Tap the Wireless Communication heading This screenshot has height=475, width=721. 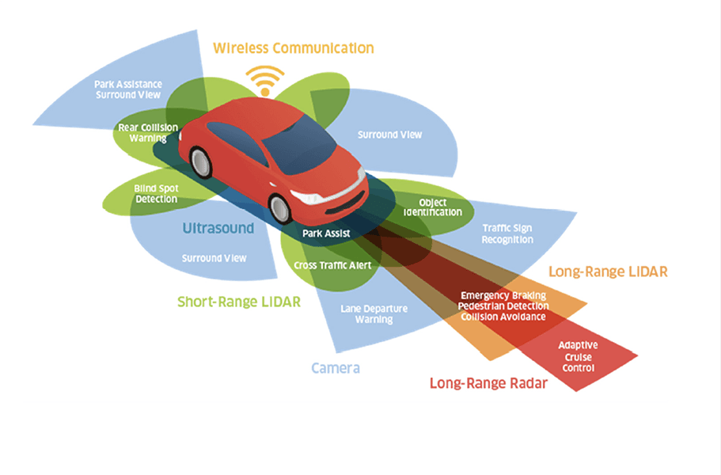(x=293, y=48)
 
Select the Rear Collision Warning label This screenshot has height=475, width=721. (x=148, y=132)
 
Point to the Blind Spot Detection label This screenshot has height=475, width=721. (x=156, y=194)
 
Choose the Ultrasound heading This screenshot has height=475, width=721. (x=218, y=228)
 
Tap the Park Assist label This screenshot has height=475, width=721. (x=326, y=234)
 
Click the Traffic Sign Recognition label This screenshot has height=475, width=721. (x=507, y=234)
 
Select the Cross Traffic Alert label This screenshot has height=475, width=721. (x=332, y=265)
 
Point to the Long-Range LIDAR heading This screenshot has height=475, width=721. (x=608, y=272)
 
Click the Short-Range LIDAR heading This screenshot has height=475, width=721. (x=239, y=302)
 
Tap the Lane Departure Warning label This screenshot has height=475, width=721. (x=366, y=314)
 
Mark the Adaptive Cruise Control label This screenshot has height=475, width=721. (x=578, y=357)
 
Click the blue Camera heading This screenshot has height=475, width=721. (x=336, y=368)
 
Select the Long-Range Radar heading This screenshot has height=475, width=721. (x=488, y=383)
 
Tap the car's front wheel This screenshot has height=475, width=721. (x=280, y=208)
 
